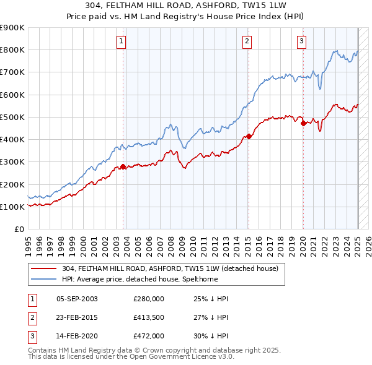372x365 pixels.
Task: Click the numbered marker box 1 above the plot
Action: pos(121,41)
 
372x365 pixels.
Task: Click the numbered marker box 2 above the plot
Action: pos(247,41)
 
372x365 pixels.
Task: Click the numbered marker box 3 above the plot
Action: pos(301,41)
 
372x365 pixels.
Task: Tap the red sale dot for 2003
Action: pos(123,166)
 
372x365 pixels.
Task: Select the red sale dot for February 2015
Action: pos(249,136)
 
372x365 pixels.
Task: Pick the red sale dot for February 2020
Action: pos(303,123)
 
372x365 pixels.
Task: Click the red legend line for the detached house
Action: pos(44,268)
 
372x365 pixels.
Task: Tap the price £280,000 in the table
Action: pos(149,299)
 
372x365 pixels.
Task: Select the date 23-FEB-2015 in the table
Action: pos(77,317)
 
